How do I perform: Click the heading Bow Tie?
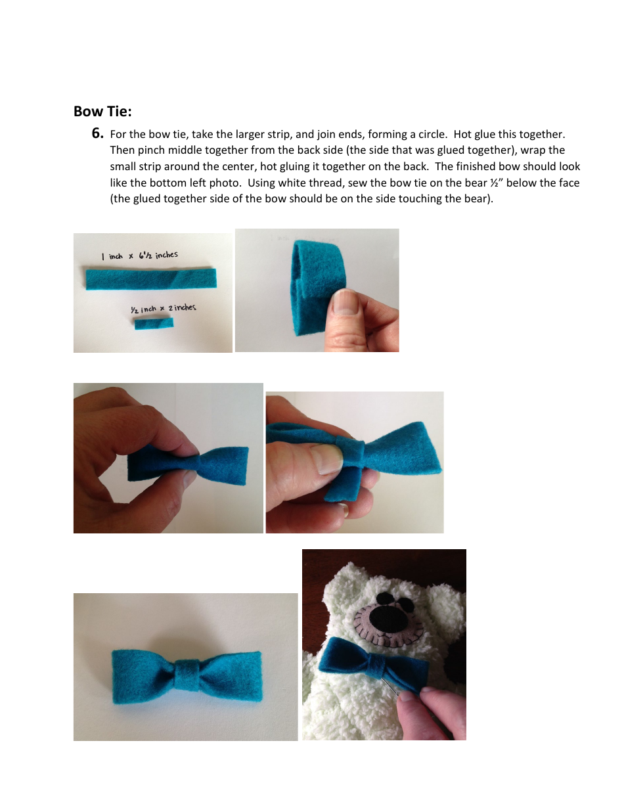coord(102,111)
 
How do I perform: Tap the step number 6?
coord(97,134)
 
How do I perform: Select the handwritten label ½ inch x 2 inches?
coord(163,308)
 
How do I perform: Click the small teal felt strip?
coord(154,324)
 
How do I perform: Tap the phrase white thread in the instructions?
coord(307,183)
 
